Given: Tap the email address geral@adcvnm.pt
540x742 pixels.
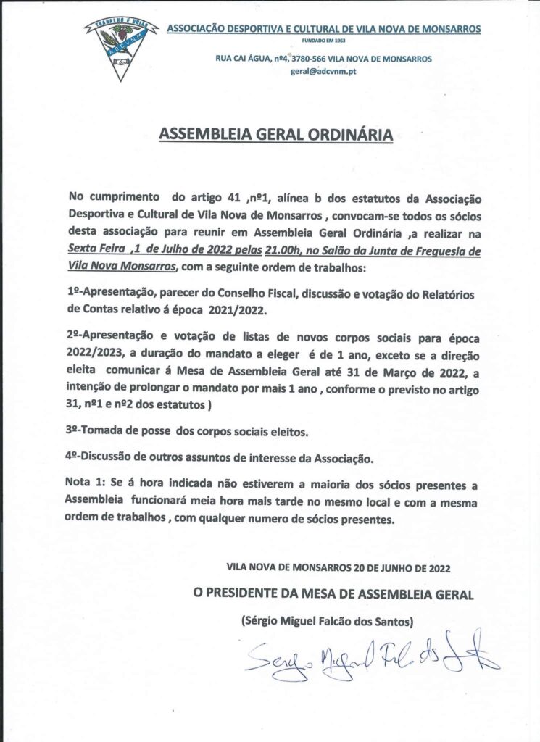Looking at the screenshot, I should click(x=323, y=72).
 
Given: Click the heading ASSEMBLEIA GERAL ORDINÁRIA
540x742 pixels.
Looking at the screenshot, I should click(x=276, y=135).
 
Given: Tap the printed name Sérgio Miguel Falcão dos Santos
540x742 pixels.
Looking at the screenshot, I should click(x=323, y=620).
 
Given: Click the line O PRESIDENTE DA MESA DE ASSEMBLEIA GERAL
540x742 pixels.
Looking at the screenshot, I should click(x=333, y=594).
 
